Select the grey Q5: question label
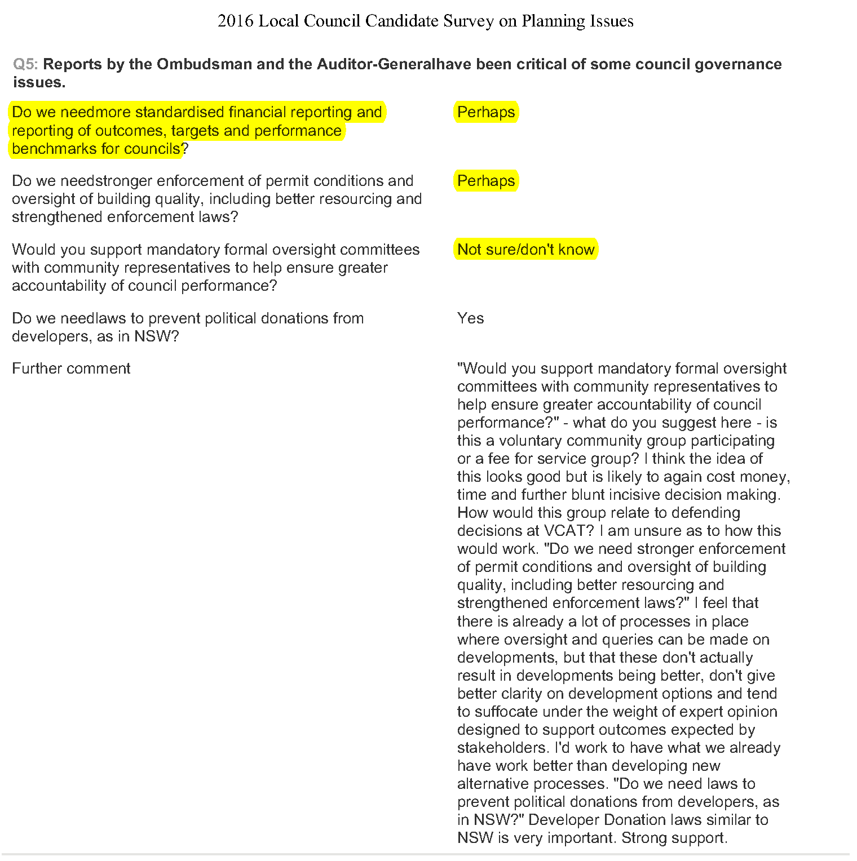pyautogui.click(x=25, y=64)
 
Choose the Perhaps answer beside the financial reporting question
pyautogui.click(x=486, y=112)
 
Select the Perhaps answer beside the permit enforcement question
pyautogui.click(x=486, y=181)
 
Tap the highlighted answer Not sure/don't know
pyautogui.click(x=525, y=250)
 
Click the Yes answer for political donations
pyautogui.click(x=470, y=318)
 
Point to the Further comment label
pyautogui.click(x=71, y=369)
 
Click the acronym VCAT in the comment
pyautogui.click(x=568, y=531)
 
